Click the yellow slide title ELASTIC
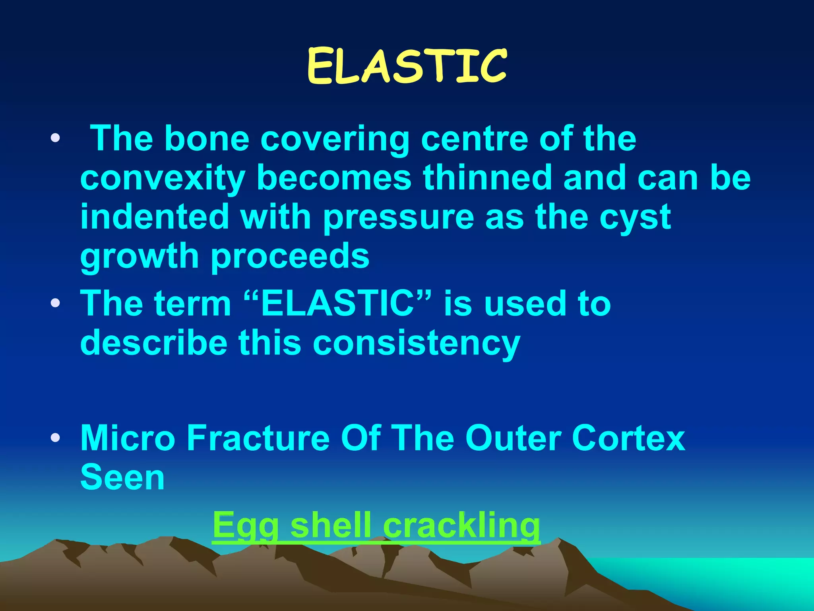407,66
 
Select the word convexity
163,178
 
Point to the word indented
155,217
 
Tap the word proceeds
290,257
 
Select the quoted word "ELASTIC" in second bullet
337,303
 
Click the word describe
153,342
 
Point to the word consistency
416,343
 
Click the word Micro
128,438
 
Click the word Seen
122,477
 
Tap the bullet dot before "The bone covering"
55,138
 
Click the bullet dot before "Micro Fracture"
55,438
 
